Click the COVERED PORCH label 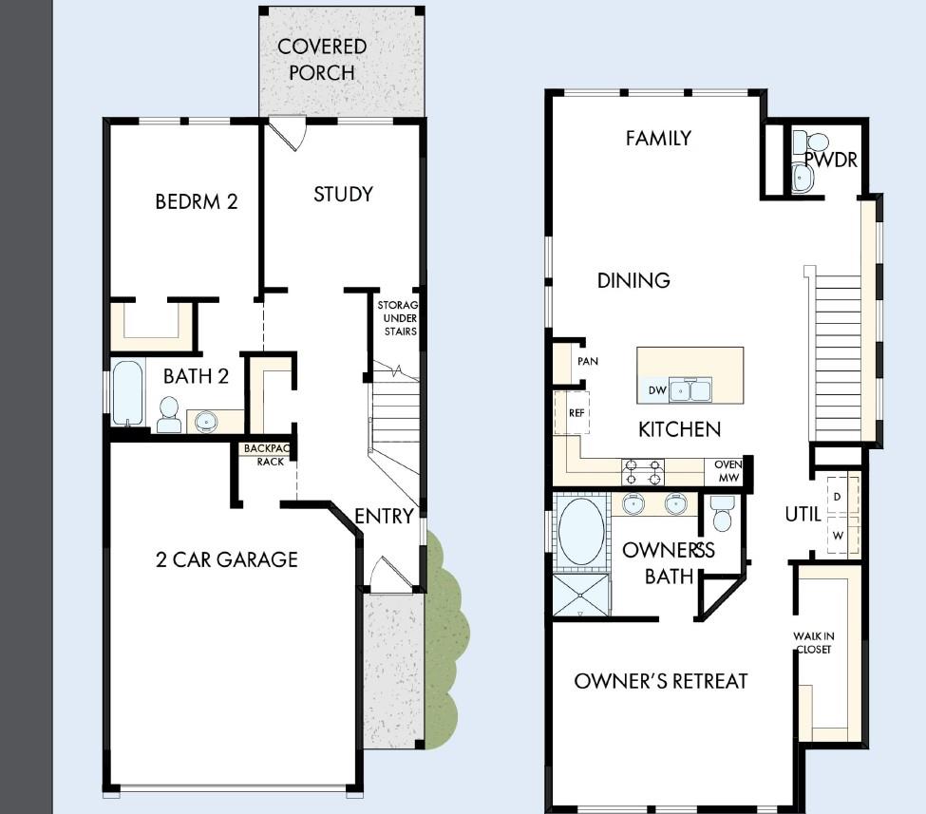[322, 59]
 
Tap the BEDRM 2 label [196, 201]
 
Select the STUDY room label [343, 195]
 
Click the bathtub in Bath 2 [127, 392]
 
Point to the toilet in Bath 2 [169, 414]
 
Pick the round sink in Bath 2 [206, 422]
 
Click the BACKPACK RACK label [267, 455]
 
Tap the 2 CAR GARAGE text [227, 559]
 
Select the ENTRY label [384, 517]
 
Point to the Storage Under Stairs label [399, 318]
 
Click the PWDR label [831, 160]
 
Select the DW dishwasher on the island [656, 389]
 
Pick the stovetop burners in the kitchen [643, 472]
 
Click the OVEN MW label [728, 471]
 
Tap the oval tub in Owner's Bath [581, 532]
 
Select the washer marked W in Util [838, 536]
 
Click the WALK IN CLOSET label [813, 643]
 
